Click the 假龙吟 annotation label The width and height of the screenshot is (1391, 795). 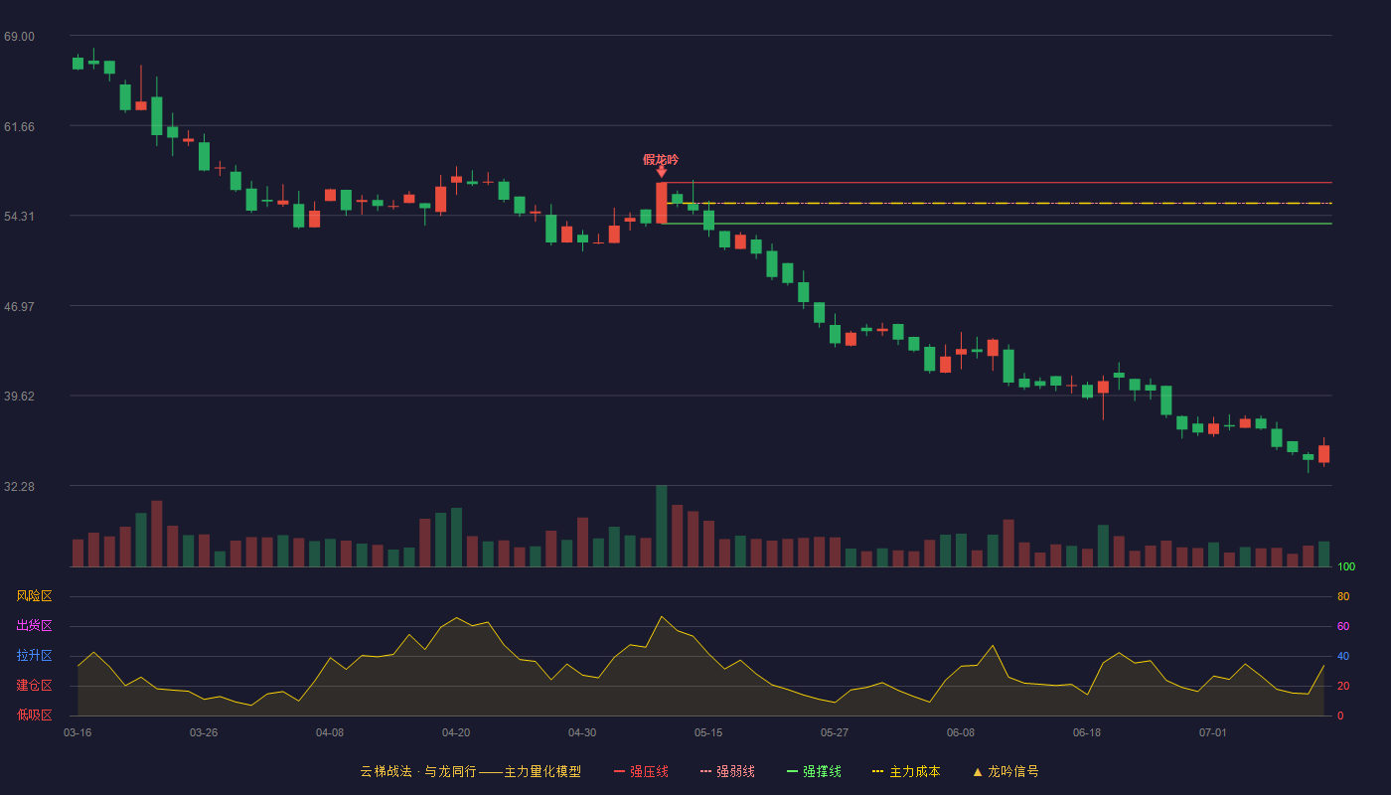pyautogui.click(x=660, y=160)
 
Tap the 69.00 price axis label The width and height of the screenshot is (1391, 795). pyautogui.click(x=19, y=37)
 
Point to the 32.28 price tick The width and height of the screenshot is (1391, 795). pyautogui.click(x=19, y=486)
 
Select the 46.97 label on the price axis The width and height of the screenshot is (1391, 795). pyautogui.click(x=19, y=307)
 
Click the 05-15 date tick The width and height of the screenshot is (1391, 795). pyautogui.click(x=708, y=733)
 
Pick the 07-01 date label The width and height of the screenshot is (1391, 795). pyautogui.click(x=1213, y=733)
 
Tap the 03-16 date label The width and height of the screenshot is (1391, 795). pyautogui.click(x=77, y=733)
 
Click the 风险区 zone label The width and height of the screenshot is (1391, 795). pyautogui.click(x=34, y=596)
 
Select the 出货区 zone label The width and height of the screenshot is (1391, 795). pyautogui.click(x=34, y=625)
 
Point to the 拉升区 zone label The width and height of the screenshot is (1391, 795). pyautogui.click(x=34, y=655)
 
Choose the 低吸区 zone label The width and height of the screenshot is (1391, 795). pyautogui.click(x=34, y=715)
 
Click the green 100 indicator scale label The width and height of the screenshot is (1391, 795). pyautogui.click(x=1346, y=566)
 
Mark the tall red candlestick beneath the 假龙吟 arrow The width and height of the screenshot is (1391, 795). pyautogui.click(x=662, y=203)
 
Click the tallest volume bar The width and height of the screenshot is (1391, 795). pyautogui.click(x=662, y=526)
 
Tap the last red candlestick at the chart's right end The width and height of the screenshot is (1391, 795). pyautogui.click(x=1323, y=453)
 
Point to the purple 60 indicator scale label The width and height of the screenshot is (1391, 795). pyautogui.click(x=1343, y=626)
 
